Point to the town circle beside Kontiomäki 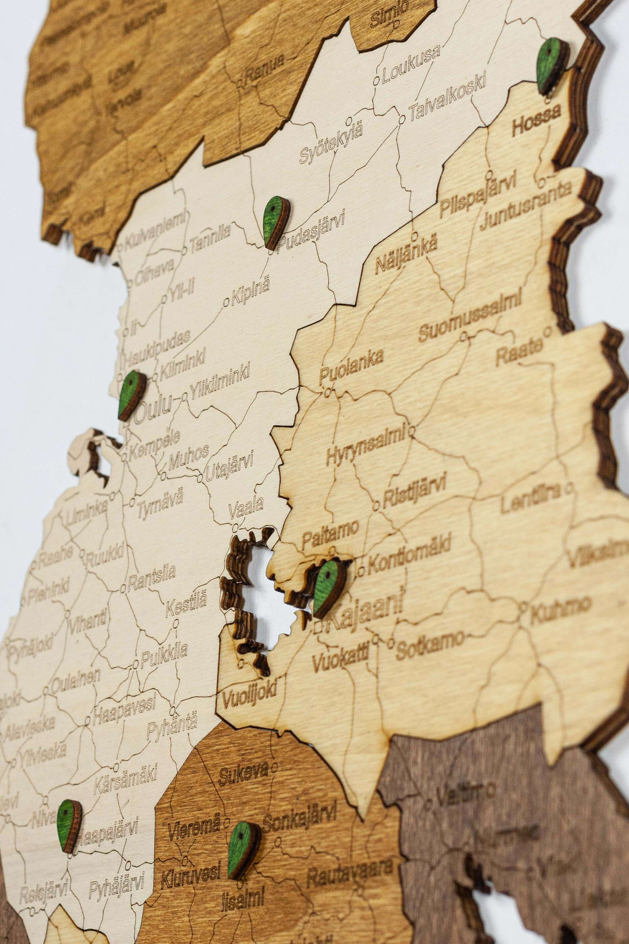[x=361, y=569]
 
